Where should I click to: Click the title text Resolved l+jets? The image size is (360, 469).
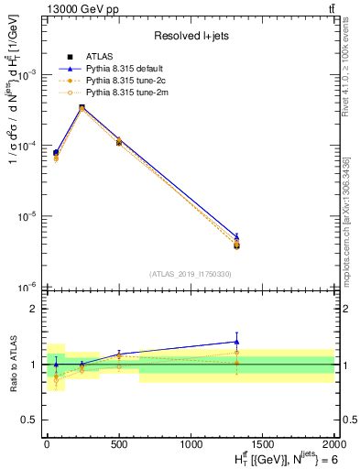[191, 36]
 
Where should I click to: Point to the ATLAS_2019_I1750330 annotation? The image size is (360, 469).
[191, 274]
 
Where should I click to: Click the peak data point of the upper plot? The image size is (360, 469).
[82, 107]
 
